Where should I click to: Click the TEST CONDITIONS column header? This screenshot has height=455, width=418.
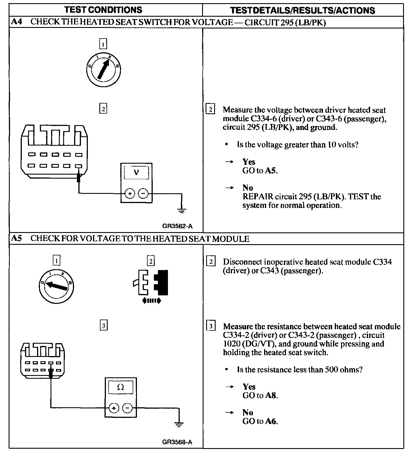[103, 10]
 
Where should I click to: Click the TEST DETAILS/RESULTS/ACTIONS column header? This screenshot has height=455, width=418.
[303, 10]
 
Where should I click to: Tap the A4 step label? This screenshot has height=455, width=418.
[17, 22]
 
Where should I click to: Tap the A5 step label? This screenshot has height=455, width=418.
[17, 238]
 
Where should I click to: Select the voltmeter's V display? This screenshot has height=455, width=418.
[136, 173]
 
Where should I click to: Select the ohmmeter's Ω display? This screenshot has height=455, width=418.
[121, 387]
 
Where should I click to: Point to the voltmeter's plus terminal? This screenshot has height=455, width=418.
[130, 194]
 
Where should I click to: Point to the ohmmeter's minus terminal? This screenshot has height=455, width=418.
[127, 408]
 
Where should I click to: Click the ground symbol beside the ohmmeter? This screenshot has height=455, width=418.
[179, 424]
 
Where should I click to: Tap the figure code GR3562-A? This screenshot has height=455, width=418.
[177, 226]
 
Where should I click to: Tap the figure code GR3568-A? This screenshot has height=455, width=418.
[177, 442]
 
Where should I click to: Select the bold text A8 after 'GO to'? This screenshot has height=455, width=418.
[271, 395]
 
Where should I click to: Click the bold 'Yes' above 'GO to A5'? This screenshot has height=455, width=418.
[249, 162]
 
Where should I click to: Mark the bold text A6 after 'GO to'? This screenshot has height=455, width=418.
[271, 421]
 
